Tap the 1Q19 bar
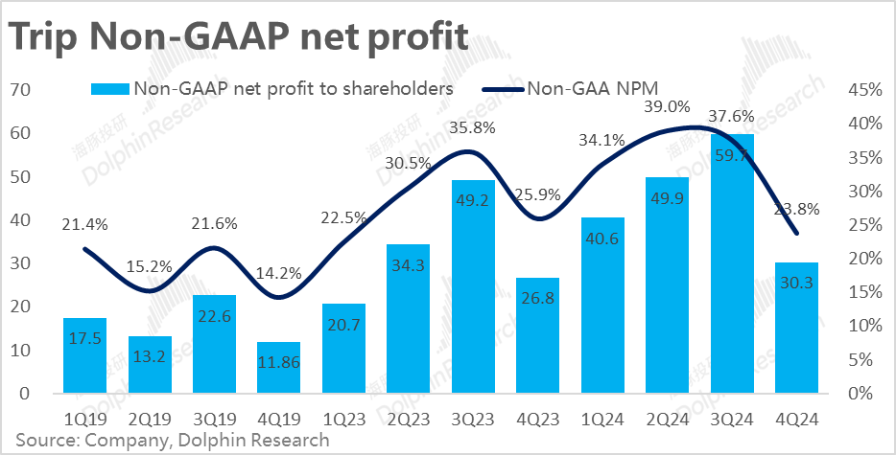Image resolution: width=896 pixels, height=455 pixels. pos(85,355)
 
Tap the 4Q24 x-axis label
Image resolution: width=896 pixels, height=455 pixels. pos(796,419)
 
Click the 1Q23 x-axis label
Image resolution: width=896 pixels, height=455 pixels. pos(344,419)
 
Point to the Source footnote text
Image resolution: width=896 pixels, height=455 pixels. pos(171,441)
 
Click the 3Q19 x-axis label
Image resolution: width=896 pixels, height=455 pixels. pos(215,419)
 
